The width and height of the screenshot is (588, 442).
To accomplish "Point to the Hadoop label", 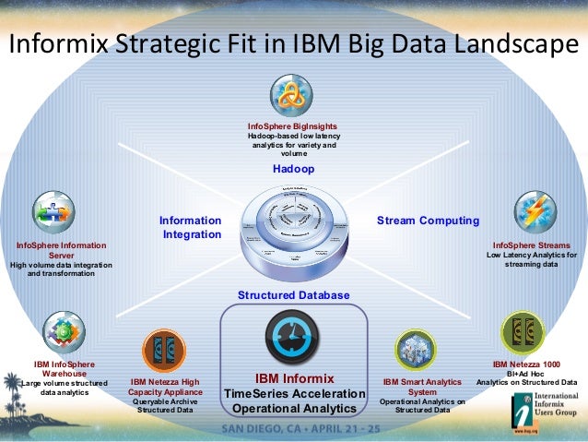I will (x=293, y=171).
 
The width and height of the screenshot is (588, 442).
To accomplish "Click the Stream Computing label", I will (x=429, y=221).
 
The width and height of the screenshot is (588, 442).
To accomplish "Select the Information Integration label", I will (x=191, y=228).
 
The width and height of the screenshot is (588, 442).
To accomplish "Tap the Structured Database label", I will (x=294, y=295).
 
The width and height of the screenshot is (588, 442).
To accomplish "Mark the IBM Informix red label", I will (x=294, y=378).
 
